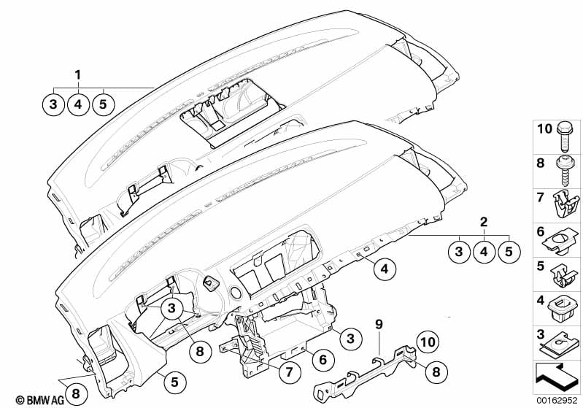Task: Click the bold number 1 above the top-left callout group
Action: [x=77, y=75]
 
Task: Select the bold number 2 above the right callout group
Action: [x=484, y=222]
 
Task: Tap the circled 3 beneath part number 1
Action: [x=53, y=104]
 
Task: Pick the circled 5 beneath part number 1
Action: [x=103, y=104]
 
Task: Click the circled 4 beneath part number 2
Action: [x=484, y=252]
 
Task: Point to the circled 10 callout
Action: [x=428, y=342]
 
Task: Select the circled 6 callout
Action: [x=323, y=360]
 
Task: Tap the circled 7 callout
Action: [x=289, y=372]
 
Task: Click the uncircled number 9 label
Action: [x=379, y=325]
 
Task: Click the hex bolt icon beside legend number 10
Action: [x=565, y=136]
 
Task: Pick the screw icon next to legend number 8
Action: [x=565, y=172]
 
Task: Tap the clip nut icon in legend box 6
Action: [x=560, y=242]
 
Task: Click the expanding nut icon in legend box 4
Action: [x=563, y=308]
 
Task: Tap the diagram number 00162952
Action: [x=557, y=400]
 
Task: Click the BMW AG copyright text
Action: [x=40, y=400]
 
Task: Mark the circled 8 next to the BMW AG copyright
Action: [x=76, y=393]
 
